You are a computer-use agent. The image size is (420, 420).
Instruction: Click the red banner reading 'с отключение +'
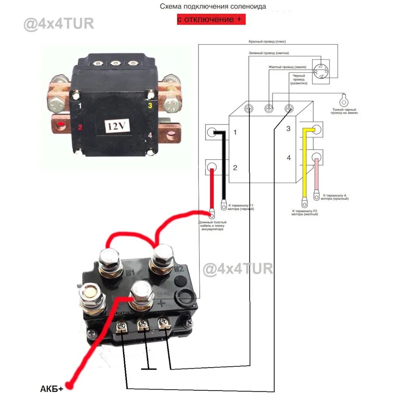click(211, 20)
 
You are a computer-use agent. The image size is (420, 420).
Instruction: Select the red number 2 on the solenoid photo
click(80, 128)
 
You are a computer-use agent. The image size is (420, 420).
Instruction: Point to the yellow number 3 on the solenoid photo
click(150, 105)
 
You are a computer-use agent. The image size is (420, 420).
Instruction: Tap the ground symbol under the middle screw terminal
click(149, 369)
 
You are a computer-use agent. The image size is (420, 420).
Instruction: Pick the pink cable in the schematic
click(316, 175)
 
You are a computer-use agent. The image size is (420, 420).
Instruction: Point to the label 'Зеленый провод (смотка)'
click(269, 53)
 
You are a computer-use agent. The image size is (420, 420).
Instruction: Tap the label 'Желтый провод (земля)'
click(287, 67)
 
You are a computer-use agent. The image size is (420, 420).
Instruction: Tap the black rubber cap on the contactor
click(184, 297)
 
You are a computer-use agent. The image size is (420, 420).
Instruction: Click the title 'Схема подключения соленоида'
click(213, 7)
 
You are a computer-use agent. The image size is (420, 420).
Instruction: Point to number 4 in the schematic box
click(288, 157)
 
